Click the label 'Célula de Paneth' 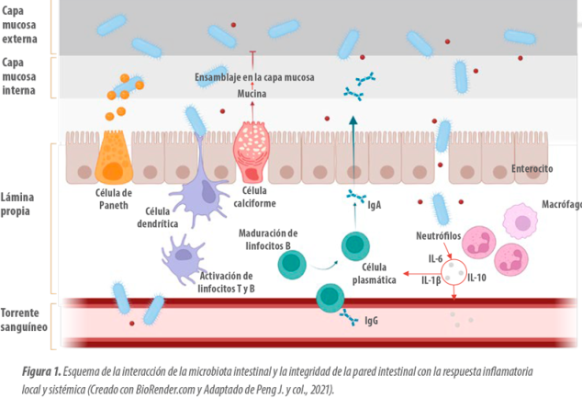114,199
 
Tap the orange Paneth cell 114,156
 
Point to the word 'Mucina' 252,94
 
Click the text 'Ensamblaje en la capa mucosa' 254,78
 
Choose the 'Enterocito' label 532,170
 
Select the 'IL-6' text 435,258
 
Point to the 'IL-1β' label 431,279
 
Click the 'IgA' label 375,206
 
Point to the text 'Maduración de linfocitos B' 268,239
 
